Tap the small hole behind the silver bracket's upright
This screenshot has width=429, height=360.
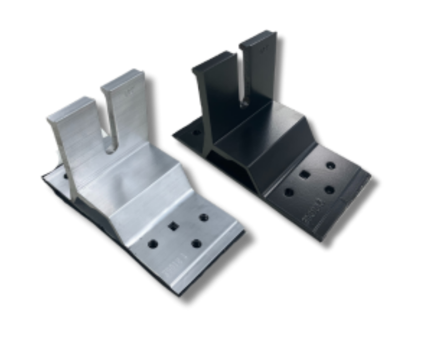click(65, 176)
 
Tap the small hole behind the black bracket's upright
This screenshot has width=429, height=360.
click(195, 133)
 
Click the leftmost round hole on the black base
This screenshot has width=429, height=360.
click(289, 192)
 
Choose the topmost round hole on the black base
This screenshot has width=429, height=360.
click(331, 166)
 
